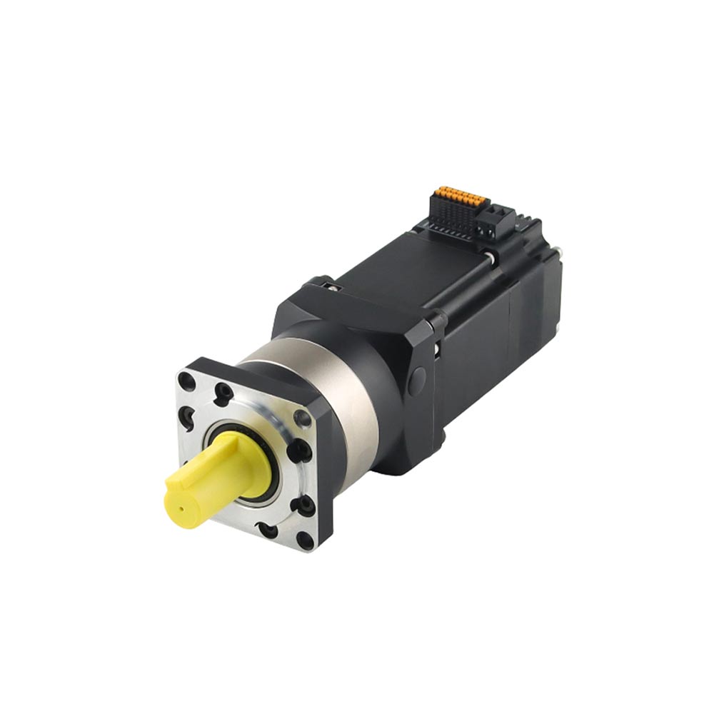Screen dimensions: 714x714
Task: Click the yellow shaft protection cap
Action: (214, 475)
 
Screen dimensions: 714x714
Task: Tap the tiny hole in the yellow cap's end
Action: (181, 509)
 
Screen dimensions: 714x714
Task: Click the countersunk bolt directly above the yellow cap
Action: (223, 391)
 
